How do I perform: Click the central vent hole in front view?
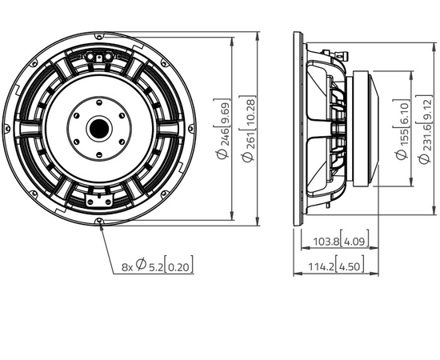point(101,126)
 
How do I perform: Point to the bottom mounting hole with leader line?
point(101,222)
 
